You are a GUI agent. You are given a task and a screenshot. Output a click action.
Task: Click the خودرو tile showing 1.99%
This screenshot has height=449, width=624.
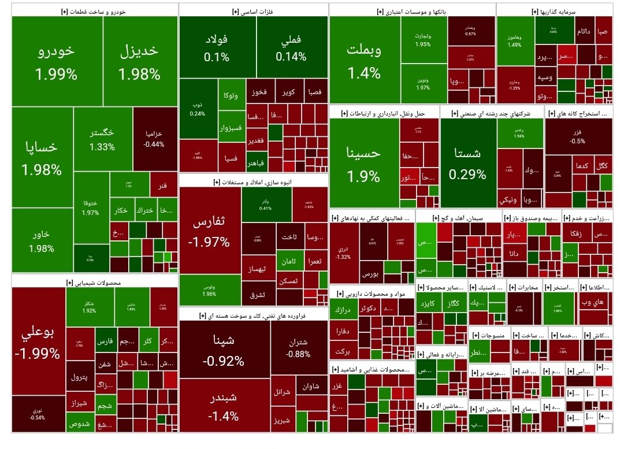(57, 61)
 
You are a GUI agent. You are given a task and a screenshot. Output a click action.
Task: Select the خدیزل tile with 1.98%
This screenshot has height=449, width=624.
(139, 61)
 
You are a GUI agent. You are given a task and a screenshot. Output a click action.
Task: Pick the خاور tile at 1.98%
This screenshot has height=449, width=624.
(42, 240)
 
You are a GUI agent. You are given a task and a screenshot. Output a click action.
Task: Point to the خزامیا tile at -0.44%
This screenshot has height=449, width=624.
(154, 139)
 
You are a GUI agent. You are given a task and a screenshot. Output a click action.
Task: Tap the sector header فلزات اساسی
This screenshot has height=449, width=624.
(254, 11)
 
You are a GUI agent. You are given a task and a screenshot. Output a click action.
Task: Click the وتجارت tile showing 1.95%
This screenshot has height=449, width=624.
(422, 39)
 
